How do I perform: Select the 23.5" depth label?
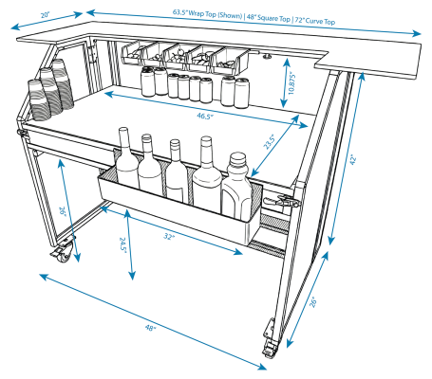click(x=271, y=142)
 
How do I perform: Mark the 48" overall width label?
click(x=150, y=327)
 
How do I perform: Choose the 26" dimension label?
click(x=64, y=211)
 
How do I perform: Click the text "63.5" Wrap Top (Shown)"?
click(x=205, y=13)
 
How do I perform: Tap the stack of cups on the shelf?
click(x=47, y=90)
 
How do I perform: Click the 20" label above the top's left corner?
click(x=46, y=16)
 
